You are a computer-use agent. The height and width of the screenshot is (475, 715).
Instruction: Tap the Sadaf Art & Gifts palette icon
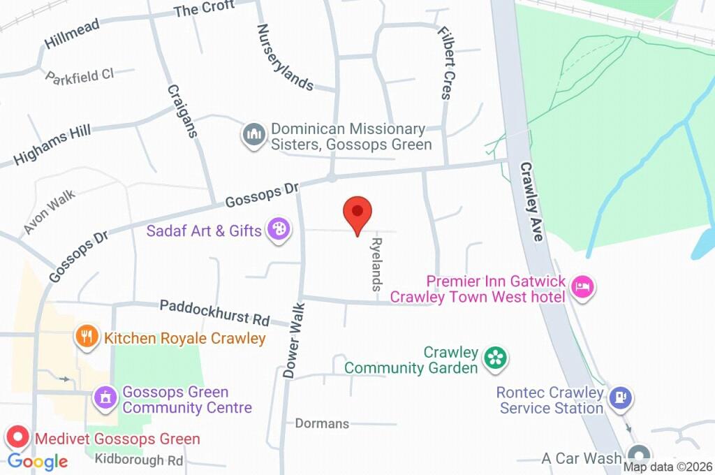(279, 229)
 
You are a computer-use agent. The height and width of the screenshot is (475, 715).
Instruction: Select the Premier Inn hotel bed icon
(581, 286)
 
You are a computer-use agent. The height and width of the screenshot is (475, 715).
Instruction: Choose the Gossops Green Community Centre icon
(105, 398)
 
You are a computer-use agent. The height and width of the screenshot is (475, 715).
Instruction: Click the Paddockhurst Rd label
(214, 313)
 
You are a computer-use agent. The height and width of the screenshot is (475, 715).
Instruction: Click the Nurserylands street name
(284, 57)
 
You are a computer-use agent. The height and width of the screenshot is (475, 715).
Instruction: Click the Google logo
(38, 461)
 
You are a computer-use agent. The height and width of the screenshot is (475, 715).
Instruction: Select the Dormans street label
(322, 423)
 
